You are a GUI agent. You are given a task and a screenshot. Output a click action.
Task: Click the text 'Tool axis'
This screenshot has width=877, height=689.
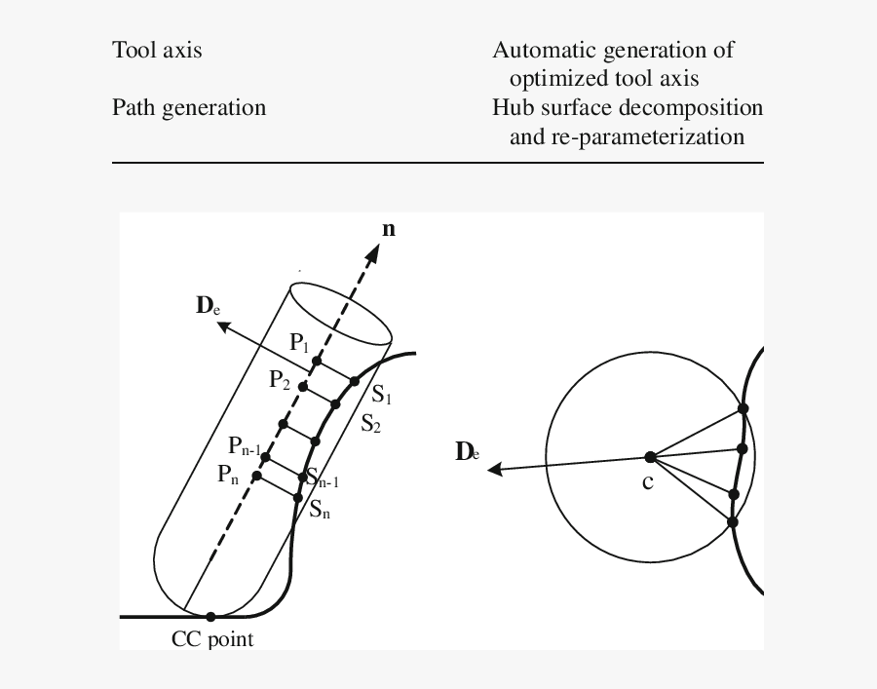[157, 50]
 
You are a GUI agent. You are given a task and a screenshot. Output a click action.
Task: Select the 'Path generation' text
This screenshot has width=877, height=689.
[189, 107]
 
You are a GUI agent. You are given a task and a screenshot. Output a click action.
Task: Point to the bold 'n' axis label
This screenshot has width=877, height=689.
[389, 230]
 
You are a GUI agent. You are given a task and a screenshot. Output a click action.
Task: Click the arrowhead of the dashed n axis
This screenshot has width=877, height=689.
[373, 252]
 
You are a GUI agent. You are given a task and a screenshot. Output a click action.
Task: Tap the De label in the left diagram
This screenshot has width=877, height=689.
[208, 306]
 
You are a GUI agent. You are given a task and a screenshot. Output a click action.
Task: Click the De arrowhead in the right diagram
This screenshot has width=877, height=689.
[495, 470]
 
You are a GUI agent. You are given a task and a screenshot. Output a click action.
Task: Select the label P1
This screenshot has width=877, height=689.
[299, 343]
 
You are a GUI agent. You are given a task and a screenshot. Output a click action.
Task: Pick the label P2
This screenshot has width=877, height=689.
[280, 381]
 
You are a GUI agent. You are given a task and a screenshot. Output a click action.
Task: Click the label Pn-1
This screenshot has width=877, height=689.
[244, 446]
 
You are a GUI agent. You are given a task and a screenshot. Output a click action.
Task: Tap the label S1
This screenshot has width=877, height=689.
[382, 398]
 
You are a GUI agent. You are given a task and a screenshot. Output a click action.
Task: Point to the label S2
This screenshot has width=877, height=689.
[371, 423]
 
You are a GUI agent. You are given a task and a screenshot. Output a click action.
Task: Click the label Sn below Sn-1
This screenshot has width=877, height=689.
[320, 508]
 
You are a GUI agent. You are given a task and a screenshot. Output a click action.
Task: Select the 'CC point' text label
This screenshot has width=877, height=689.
[211, 639]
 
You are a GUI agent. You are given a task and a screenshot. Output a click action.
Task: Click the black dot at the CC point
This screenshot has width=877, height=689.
[210, 616]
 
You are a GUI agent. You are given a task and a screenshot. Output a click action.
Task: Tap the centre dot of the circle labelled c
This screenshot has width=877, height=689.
[650, 456]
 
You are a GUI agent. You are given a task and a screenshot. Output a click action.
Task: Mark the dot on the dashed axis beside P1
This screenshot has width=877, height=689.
[317, 362]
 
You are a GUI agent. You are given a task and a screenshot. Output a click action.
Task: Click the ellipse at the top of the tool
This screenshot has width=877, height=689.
[341, 313]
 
